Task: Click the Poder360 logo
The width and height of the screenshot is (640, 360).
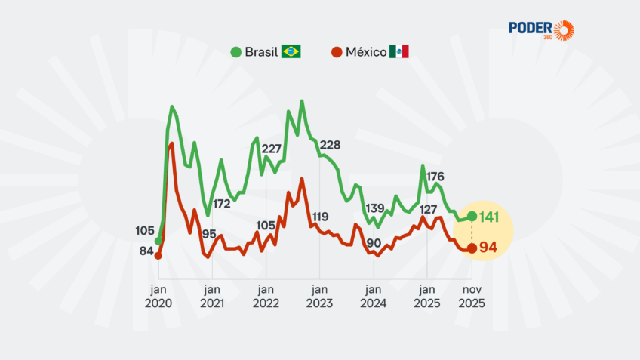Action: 542,29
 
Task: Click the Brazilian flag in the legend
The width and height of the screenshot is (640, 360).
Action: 291,52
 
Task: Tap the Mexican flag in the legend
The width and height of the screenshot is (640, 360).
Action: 399,52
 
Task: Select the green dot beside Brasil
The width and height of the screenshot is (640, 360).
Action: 236,52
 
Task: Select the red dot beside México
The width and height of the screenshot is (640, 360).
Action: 336,52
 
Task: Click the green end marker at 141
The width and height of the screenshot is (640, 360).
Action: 472,217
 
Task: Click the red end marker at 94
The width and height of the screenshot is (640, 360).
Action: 472,248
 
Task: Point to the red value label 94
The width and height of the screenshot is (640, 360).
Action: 488,248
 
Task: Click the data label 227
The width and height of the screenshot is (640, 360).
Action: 271,149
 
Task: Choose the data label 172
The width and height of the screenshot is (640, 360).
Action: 221,203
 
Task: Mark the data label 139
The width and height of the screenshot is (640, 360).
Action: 374,208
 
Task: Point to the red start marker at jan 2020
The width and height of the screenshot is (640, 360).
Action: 158,256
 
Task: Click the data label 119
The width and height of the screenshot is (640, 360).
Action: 320,217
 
